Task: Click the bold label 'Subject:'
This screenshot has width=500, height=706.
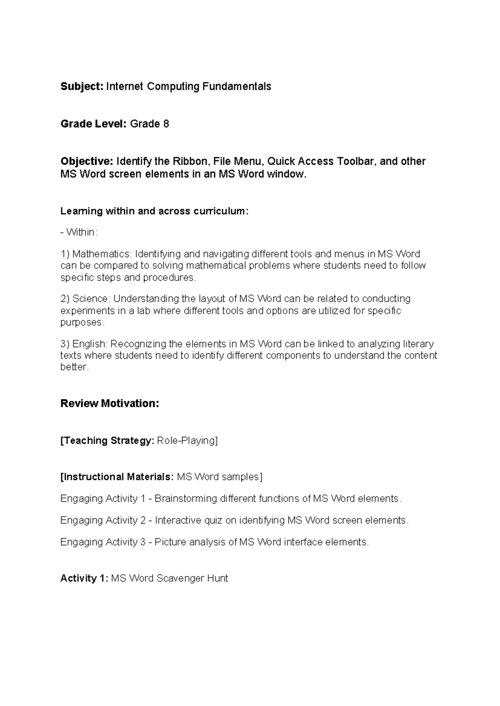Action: click(x=82, y=87)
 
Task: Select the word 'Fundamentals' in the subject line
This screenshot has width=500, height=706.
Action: click(x=237, y=87)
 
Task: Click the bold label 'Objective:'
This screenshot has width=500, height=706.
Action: click(x=87, y=162)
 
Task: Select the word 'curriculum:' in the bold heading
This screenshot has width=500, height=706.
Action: click(x=220, y=211)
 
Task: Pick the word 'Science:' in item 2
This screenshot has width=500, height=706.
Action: click(x=91, y=299)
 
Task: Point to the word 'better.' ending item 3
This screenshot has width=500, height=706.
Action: click(x=75, y=367)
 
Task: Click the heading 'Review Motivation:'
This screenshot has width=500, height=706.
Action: click(x=110, y=404)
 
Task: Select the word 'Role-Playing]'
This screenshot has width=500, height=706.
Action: click(x=187, y=441)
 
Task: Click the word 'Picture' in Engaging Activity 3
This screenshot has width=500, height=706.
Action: click(x=170, y=542)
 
